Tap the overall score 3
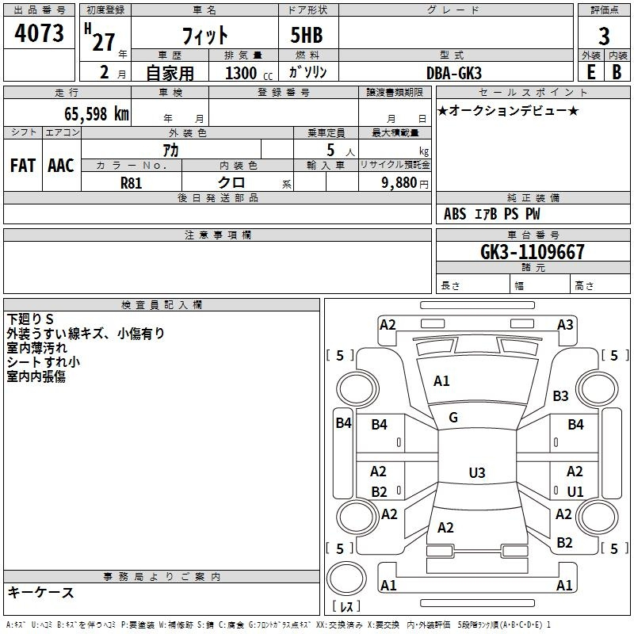pyautogui.click(x=604, y=36)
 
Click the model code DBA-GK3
pyautogui.click(x=459, y=72)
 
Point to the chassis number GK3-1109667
pyautogui.click(x=533, y=252)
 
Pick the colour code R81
pyautogui.click(x=132, y=182)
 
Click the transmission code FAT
pyautogui.click(x=23, y=166)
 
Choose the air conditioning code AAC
pyautogui.click(x=61, y=166)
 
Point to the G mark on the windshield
pyautogui.click(x=453, y=417)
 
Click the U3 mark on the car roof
pyautogui.click(x=476, y=473)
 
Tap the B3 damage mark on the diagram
pyautogui.click(x=561, y=395)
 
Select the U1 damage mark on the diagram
pyautogui.click(x=575, y=491)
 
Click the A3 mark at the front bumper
pyautogui.click(x=565, y=324)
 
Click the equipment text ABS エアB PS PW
pyautogui.click(x=492, y=214)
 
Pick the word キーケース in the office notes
pyautogui.click(x=41, y=592)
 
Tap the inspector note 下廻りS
pyautogui.click(x=30, y=319)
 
